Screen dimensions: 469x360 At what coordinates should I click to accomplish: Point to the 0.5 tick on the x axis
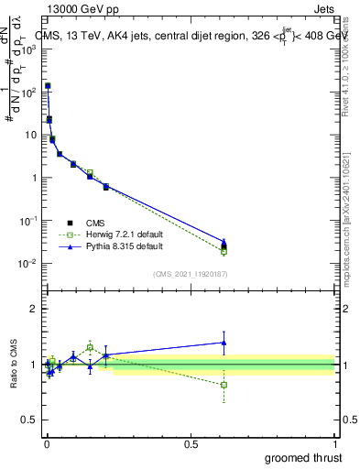[191, 443]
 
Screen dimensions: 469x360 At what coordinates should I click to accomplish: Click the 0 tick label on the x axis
[46, 443]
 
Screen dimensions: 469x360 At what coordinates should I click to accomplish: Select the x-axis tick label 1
[336, 443]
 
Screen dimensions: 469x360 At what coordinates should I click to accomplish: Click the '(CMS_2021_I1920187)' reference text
[190, 274]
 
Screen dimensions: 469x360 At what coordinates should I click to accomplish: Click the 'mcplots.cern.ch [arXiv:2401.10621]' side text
[349, 220]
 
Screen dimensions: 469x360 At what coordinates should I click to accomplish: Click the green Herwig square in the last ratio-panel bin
[224, 385]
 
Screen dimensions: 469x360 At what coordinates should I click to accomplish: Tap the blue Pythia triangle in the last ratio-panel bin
[224, 343]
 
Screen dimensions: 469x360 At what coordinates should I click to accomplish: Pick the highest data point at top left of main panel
[48, 86]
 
